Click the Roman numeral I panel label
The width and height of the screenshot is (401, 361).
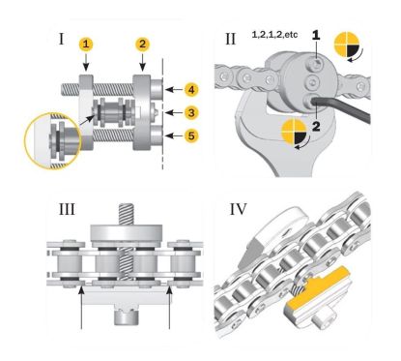click(x=61, y=39)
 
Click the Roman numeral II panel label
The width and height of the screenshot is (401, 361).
click(x=230, y=39)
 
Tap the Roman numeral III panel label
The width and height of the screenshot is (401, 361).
click(x=67, y=209)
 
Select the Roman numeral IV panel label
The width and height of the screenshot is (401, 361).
click(x=238, y=209)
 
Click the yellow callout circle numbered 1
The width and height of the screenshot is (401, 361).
click(x=86, y=45)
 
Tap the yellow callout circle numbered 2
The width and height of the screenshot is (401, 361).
click(x=142, y=45)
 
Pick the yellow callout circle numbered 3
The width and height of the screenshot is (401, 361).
click(x=191, y=112)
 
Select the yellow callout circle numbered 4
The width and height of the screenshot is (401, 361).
click(x=191, y=89)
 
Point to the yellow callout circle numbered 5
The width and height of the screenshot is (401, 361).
click(x=191, y=135)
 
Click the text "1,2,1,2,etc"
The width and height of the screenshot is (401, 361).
click(x=274, y=35)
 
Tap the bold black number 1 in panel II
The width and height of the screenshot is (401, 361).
click(x=316, y=36)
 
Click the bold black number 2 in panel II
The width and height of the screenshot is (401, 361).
click(x=316, y=127)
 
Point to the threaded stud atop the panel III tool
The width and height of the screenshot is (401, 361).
click(x=127, y=213)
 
